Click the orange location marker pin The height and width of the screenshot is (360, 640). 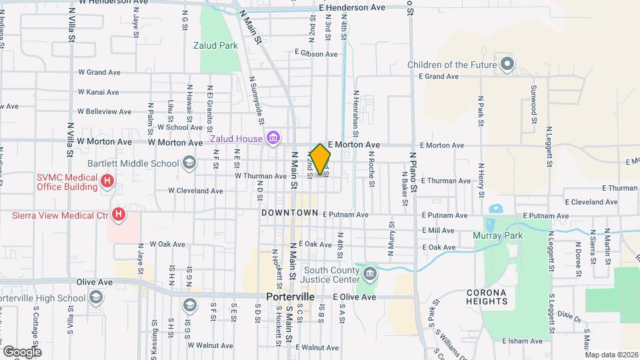pyautogui.click(x=320, y=159)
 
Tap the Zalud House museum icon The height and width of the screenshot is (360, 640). pyautogui.click(x=272, y=139)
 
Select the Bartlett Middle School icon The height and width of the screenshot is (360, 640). pyautogui.click(x=189, y=163)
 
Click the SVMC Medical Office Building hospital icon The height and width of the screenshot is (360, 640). pyautogui.click(x=106, y=181)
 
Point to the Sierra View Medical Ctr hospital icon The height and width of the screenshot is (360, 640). pyautogui.click(x=118, y=215)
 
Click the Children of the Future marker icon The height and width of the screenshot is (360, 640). pyautogui.click(x=507, y=65)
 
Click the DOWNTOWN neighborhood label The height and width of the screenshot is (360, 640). pyautogui.click(x=289, y=213)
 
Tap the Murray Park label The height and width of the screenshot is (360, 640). pyautogui.click(x=497, y=235)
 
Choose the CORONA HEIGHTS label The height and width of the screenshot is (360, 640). pyautogui.click(x=486, y=297)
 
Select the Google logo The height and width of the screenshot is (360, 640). pyautogui.click(x=22, y=351)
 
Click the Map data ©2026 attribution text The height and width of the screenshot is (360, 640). pyautogui.click(x=611, y=355)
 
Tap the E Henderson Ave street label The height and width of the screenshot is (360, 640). pyautogui.click(x=352, y=7)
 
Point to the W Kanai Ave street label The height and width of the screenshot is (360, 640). pyautogui.click(x=98, y=92)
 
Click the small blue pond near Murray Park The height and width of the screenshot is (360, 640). pyautogui.click(x=495, y=208)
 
